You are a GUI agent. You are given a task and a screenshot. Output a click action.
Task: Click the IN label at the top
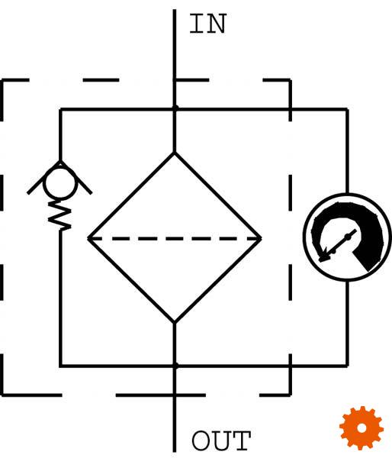208,24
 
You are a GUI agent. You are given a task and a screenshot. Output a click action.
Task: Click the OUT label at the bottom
221,440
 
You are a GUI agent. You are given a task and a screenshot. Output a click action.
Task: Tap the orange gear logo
361,428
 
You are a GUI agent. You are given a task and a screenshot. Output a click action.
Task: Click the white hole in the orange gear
361,428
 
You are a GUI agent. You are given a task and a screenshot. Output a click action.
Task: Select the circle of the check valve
43,183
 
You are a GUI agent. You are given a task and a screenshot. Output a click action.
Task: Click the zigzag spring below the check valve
59,215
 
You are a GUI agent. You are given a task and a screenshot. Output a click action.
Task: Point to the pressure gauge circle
304,237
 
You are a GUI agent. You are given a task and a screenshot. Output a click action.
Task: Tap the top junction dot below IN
175,108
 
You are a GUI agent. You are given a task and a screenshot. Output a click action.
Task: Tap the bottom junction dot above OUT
175,366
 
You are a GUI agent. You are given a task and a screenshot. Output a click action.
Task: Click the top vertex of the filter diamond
175,153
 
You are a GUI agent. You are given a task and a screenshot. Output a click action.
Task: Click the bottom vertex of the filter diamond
175,322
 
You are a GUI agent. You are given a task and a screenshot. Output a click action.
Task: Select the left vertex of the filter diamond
88,238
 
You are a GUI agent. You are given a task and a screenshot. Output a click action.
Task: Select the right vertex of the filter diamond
261,238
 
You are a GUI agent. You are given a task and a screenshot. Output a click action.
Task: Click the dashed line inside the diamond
175,239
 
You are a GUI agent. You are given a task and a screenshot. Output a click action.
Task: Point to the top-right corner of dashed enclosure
290,79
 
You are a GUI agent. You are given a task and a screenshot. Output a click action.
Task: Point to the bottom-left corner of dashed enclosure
2,395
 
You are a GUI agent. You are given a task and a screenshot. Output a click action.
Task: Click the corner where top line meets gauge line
347,109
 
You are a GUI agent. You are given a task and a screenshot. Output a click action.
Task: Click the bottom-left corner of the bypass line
60,366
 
